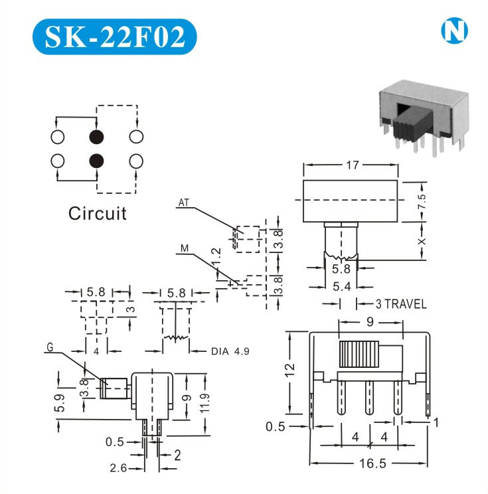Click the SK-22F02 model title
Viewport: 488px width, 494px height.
pos(114,37)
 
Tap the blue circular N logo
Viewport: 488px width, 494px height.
pos(453,31)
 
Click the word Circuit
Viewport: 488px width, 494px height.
pos(97,213)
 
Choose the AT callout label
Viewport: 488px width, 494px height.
pos(184,204)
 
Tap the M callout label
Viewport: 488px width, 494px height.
pos(184,249)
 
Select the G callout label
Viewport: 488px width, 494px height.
pos(50,347)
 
